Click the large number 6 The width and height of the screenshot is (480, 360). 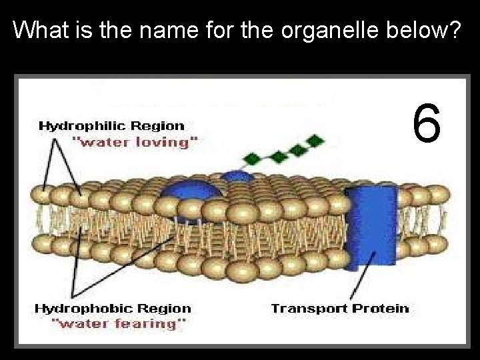click(x=427, y=123)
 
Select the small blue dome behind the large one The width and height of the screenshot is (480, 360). click(x=235, y=177)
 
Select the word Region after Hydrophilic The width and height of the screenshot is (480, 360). click(x=158, y=125)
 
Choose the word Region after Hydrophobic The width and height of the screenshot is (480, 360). click(x=165, y=309)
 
